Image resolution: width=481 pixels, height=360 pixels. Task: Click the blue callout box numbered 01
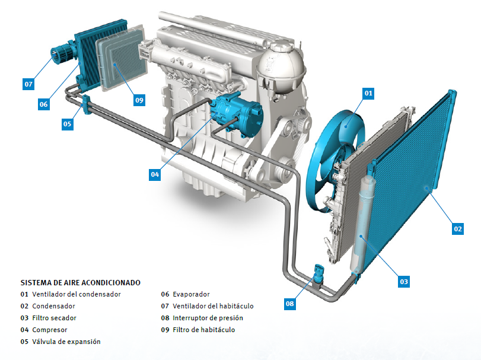tap(368, 93)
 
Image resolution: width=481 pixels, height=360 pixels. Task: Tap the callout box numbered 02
tap(458, 229)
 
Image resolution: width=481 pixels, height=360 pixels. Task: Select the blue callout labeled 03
tap(404, 282)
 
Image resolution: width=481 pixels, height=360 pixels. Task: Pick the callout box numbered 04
tap(155, 174)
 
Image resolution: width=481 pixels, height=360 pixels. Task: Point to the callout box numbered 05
tap(67, 124)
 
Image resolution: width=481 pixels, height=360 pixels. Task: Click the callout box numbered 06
tap(43, 104)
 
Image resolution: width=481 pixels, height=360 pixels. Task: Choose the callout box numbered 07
tap(28, 84)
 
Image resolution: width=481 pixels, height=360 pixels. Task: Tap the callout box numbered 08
tap(289, 304)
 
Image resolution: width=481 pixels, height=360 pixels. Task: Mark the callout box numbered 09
tap(139, 100)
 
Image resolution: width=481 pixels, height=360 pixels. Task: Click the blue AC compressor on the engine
tap(238, 113)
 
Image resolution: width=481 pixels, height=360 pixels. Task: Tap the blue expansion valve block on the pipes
tap(86, 104)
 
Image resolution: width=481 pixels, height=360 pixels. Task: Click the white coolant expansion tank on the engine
tap(281, 68)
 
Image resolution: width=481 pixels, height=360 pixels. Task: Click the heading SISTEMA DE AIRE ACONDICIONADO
tap(81, 283)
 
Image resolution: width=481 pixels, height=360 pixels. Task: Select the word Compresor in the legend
tap(50, 330)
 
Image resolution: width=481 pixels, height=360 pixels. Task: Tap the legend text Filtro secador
tap(55, 318)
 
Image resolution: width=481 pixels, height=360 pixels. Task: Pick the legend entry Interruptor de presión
tap(208, 318)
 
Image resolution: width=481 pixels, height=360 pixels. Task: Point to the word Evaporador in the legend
tap(191, 294)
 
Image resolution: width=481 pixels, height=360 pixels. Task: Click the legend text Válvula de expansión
tap(66, 342)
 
